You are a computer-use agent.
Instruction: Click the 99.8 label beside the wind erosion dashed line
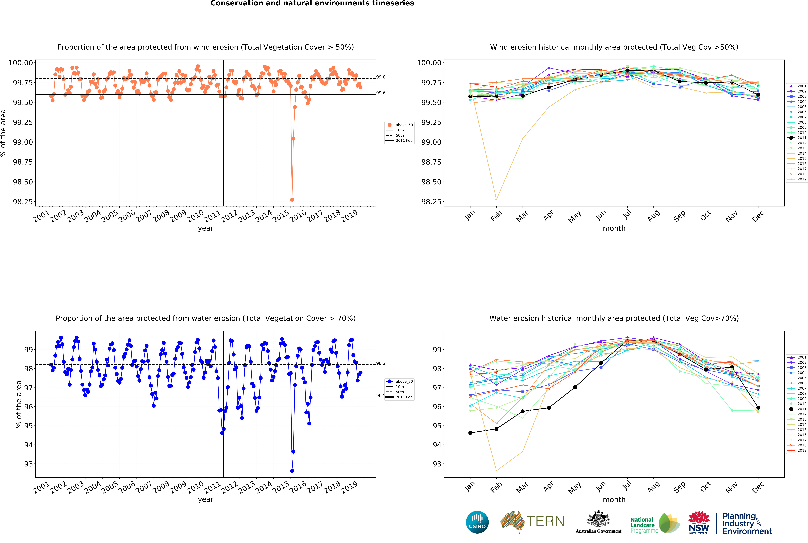tap(381, 77)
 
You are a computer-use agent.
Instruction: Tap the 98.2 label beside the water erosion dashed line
tap(381, 363)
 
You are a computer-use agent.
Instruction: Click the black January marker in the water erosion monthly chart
tap(470, 433)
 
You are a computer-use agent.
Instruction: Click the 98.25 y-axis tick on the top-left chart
tap(23, 202)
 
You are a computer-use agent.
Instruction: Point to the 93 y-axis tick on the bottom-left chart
tap(28, 464)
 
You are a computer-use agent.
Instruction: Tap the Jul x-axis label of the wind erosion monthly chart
tap(627, 215)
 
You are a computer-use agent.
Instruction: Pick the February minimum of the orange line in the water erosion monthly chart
tap(496, 471)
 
